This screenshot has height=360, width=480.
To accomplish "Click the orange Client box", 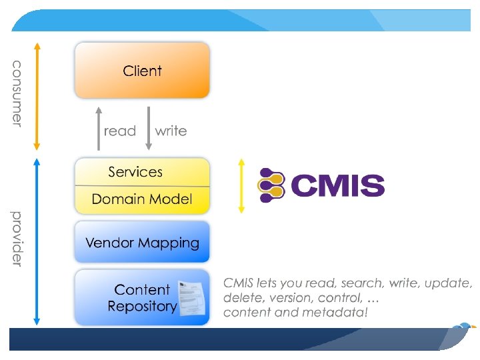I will (x=142, y=71).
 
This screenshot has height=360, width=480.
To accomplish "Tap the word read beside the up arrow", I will (x=120, y=131).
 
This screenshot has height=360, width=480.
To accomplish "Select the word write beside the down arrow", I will (x=171, y=131).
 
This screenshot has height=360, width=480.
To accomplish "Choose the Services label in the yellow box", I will (x=135, y=172).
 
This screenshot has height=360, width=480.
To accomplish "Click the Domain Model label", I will (x=142, y=199).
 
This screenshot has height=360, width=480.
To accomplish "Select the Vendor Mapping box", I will (x=142, y=243).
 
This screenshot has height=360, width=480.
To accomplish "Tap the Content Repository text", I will (x=141, y=298).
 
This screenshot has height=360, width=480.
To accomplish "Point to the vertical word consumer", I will (x=17, y=93).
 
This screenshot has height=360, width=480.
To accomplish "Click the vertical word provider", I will (x=17, y=238).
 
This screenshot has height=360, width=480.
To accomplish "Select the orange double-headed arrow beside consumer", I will (x=37, y=95).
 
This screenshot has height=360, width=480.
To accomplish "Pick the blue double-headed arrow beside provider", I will (x=37, y=239).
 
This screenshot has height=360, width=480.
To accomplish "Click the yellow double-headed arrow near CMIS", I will (x=241, y=185).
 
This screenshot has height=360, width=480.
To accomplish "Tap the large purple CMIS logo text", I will (x=337, y=185).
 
